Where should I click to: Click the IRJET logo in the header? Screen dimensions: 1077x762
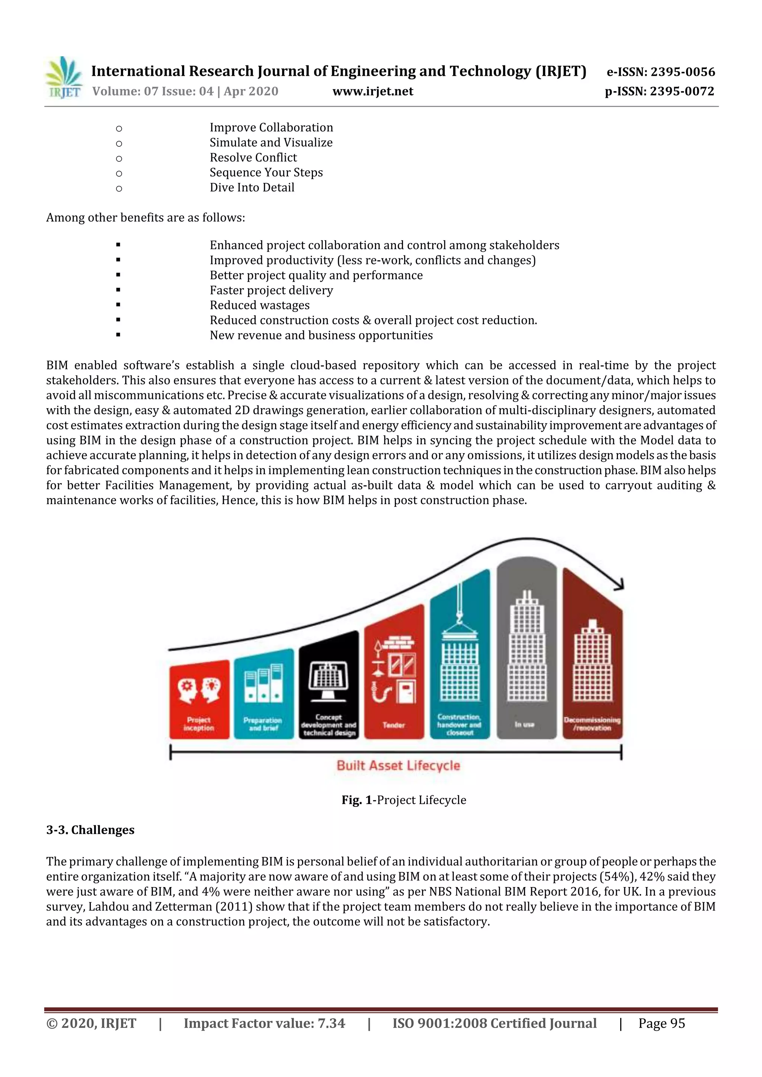63,78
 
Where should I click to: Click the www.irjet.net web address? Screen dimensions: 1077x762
373,91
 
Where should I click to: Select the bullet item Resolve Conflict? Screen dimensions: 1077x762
253,158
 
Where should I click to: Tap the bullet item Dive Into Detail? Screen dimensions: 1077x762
252,188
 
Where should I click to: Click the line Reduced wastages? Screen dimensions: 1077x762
259,305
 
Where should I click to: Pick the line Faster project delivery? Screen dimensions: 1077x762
271,290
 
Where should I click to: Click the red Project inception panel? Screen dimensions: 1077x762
199,699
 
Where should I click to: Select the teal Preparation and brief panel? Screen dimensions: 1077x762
263,694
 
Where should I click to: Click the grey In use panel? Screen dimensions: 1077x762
526,652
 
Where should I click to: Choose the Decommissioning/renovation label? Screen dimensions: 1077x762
592,724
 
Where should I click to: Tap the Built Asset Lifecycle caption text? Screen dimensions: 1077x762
398,766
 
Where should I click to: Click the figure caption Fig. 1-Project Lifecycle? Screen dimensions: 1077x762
404,800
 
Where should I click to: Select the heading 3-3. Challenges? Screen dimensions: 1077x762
90,830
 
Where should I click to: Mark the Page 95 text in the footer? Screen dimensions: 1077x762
661,1023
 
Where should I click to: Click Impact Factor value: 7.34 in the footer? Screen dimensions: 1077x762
264,1023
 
